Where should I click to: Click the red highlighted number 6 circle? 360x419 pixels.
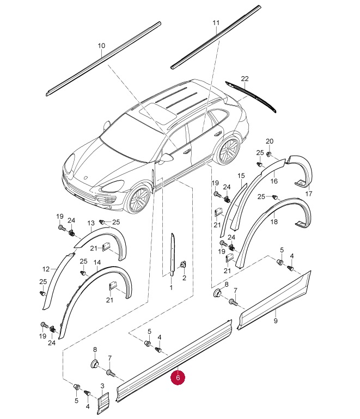click(x=178, y=377)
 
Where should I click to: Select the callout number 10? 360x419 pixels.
click(x=101, y=46)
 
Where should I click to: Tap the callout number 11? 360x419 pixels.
click(x=216, y=23)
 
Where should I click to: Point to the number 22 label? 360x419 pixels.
click(x=245, y=78)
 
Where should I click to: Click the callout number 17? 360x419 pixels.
click(x=309, y=194)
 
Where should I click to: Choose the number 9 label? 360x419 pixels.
click(x=276, y=321)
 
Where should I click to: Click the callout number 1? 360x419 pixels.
click(x=171, y=287)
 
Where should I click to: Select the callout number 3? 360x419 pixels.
click(x=102, y=386)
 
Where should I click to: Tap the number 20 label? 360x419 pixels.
click(x=270, y=141)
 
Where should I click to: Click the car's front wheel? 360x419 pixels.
click(x=138, y=197)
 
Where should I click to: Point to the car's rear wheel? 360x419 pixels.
click(x=228, y=150)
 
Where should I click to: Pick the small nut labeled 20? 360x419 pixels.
click(x=269, y=153)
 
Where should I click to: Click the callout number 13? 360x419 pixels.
click(x=91, y=223)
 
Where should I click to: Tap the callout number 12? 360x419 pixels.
click(x=46, y=269)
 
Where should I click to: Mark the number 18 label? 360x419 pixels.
click(x=274, y=221)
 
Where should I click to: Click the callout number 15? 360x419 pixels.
click(x=241, y=176)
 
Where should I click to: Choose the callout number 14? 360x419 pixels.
click(x=97, y=263)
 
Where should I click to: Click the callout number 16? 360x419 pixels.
click(x=274, y=181)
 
